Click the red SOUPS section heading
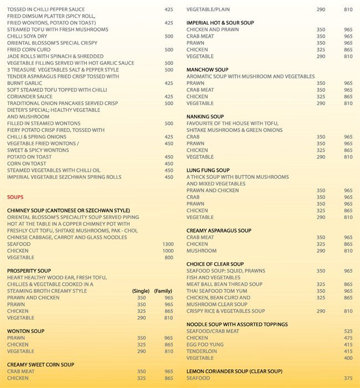click(15, 197)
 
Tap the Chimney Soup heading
click(68, 211)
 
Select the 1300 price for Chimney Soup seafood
click(168, 244)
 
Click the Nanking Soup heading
click(204, 116)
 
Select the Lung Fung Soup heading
click(207, 170)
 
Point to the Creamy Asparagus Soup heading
click(219, 231)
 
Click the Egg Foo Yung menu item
click(204, 344)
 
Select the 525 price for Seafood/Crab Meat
click(348, 331)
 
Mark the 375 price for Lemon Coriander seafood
click(348, 378)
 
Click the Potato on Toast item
click(27, 157)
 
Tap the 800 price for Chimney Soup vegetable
click(168, 257)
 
